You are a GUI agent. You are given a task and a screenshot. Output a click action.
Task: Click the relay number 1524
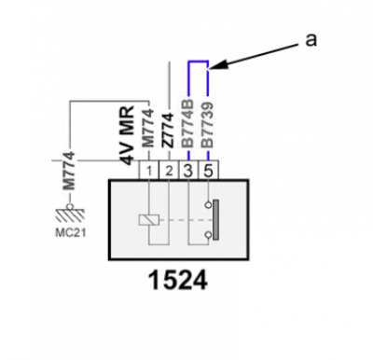(x=177, y=281)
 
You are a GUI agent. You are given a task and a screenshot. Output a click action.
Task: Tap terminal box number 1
(x=149, y=170)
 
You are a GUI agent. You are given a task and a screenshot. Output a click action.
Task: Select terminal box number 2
(x=169, y=170)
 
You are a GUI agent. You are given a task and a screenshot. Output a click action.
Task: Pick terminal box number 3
(x=188, y=170)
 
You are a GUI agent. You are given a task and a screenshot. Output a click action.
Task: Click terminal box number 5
(x=208, y=170)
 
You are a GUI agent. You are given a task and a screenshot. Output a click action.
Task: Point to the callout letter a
(x=311, y=40)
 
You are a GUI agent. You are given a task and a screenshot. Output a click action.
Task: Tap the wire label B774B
(x=187, y=123)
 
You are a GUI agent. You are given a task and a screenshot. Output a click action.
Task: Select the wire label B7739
(x=207, y=125)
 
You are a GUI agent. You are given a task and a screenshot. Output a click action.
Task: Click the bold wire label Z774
(x=168, y=130)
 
